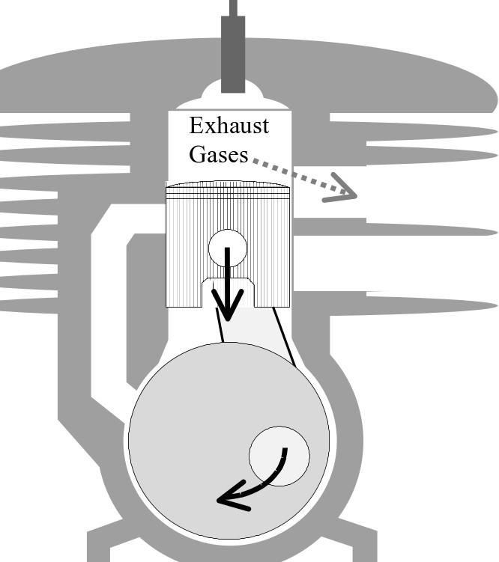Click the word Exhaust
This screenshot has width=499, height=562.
click(229, 125)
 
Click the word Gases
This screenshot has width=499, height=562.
click(218, 154)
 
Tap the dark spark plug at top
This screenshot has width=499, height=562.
click(233, 52)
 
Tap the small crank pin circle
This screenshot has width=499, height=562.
click(279, 456)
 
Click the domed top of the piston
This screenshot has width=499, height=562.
click(227, 183)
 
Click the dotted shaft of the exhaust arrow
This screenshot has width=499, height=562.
click(292, 171)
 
